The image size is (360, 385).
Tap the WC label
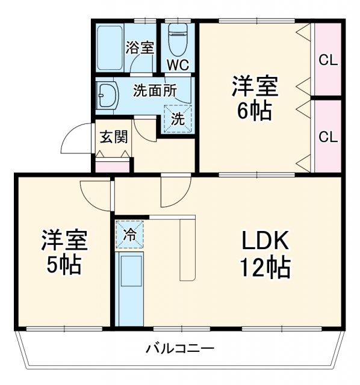tap(178, 64)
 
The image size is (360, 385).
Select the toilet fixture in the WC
tap(178, 40)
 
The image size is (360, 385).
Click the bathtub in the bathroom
tap(110, 48)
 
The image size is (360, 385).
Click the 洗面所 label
tap(155, 91)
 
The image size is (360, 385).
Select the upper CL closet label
tap(328, 60)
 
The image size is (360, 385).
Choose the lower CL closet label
tap(328, 137)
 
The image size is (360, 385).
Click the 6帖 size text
tap(255, 111)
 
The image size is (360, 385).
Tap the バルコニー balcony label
tap(180, 348)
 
